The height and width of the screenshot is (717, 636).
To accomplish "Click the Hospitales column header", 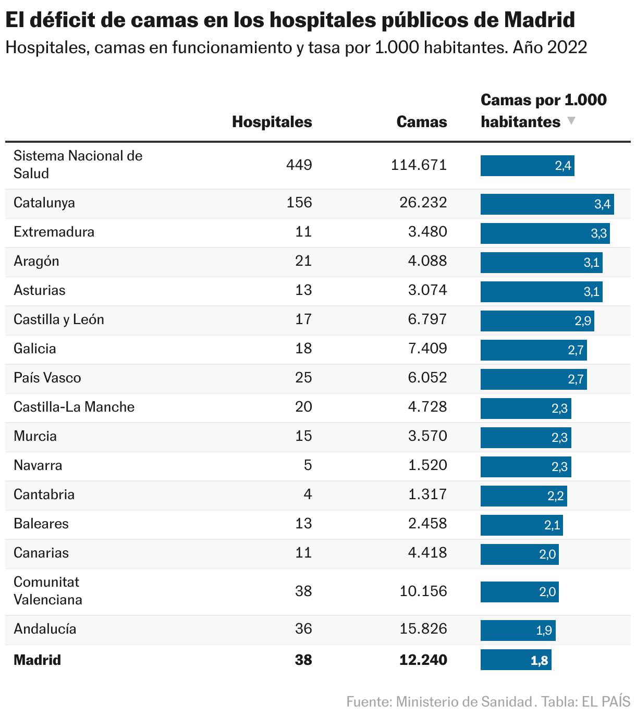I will pos(272,122).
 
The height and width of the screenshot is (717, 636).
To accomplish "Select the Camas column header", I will pos(421,122).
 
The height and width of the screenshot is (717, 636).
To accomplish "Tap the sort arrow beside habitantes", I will pos(571,121).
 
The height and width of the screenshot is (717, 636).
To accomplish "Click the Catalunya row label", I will pos(44,203).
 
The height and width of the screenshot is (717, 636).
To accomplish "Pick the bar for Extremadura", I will pos(545,233).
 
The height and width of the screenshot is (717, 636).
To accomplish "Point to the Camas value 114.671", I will pos(419,165).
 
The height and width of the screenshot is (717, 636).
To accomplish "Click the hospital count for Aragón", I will pos(303,261).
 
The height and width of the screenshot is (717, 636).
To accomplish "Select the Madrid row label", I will pos(38,660).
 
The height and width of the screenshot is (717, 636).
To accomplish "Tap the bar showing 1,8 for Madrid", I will pos(516,660).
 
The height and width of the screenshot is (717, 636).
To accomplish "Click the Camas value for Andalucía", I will pos(423,629).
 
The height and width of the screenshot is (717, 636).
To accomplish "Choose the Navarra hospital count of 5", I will pos(308,465).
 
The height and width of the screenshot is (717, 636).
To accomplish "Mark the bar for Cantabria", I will pos(523,496).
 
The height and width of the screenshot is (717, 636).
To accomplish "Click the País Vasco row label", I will pos(47,378).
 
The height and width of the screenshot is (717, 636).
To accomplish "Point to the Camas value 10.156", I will pos(423,591).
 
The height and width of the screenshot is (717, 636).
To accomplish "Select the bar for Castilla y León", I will pos(537,320).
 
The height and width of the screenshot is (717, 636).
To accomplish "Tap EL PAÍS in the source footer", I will pos(606,701).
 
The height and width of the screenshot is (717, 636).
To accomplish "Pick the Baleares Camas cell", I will pos(427,523).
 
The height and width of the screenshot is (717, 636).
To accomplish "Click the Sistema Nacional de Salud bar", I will pos(527,166).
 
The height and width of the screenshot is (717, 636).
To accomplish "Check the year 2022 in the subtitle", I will pos(567,47).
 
